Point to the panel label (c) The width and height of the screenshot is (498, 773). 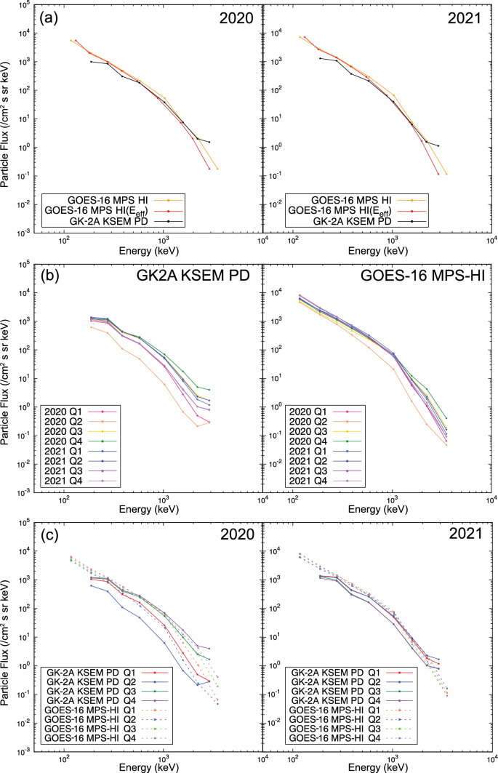[x=52, y=535]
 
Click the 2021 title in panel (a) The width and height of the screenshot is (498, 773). [x=462, y=19]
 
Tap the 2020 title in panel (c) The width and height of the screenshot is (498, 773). [x=234, y=537]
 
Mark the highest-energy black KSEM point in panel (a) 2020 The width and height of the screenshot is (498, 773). [x=209, y=142]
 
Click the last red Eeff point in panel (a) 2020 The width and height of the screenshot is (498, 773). [x=209, y=169]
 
